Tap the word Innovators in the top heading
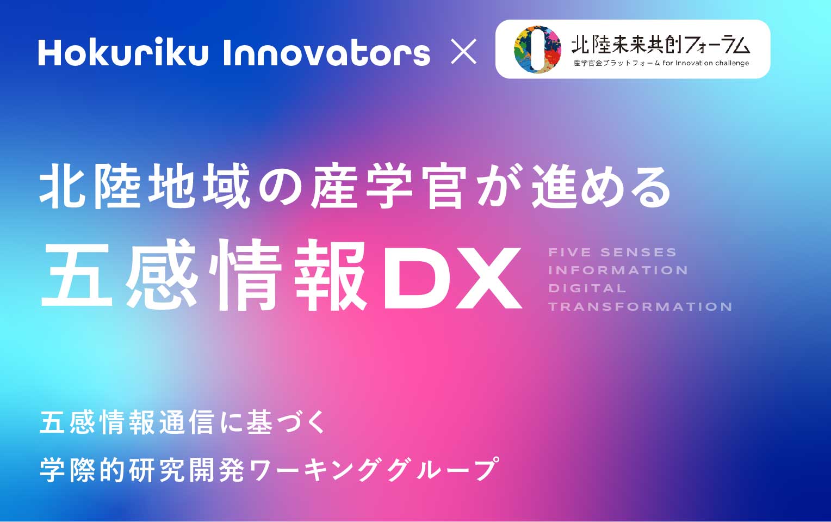pyautogui.click(x=326, y=52)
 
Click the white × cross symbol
pyautogui.click(x=463, y=52)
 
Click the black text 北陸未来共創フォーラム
pyautogui.click(x=660, y=45)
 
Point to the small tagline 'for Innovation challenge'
pyautogui.click(x=705, y=63)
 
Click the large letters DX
pyautogui.click(x=452, y=278)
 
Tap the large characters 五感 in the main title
pyautogui.click(x=119, y=275)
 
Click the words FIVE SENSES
pyautogui.click(x=612, y=253)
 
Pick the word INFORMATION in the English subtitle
pyautogui.click(x=618, y=271)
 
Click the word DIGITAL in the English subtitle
pyautogui.click(x=587, y=288)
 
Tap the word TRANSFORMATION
pyautogui.click(x=640, y=306)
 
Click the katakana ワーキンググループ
pyautogui.click(x=374, y=470)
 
